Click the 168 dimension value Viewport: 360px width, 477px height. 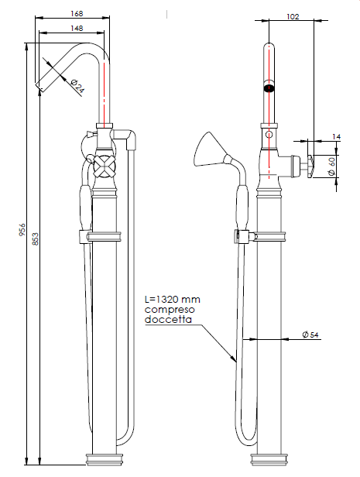[77, 14]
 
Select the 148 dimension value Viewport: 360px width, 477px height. [77, 29]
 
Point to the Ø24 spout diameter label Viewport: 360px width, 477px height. [77, 86]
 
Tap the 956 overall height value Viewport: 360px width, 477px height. [22, 230]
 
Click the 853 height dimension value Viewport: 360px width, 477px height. [36, 239]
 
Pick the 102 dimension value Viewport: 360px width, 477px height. [293, 16]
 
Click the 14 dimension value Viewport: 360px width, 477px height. [336, 137]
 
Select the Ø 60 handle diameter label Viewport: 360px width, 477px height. [331, 166]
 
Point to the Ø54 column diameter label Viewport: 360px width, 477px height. [310, 335]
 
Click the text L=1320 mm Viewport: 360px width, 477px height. [173, 300]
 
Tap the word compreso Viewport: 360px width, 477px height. [170, 310]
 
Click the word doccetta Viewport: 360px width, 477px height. [168, 320]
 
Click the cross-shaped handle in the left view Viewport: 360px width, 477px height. [105, 166]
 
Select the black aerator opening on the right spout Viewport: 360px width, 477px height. [269, 88]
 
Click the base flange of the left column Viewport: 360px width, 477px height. [104, 459]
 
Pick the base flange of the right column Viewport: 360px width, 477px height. [269, 459]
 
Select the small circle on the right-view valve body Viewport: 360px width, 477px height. [269, 134]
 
